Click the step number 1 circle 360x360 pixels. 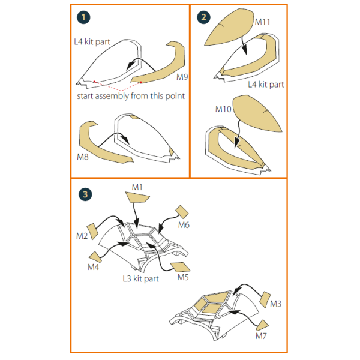tap(83, 17)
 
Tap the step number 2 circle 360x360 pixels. tap(203, 17)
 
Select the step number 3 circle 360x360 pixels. tap(85, 194)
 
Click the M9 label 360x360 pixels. tap(182, 77)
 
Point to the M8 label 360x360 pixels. tap(83, 157)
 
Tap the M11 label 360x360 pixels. tap(262, 22)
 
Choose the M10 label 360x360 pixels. tap(223, 109)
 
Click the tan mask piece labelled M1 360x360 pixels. tap(137, 197)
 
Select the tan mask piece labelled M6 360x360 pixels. tap(182, 212)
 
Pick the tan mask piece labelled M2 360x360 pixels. tap(92, 231)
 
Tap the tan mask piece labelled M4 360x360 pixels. tap(95, 257)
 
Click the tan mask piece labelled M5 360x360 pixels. tap(181, 267)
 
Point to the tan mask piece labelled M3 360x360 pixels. tap(265, 299)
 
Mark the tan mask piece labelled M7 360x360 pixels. tap(262, 325)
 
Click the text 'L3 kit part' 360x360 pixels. tap(140, 279)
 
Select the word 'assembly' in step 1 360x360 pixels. tap(112, 96)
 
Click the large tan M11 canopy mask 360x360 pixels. tap(229, 27)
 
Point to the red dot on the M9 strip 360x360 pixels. tap(141, 82)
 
